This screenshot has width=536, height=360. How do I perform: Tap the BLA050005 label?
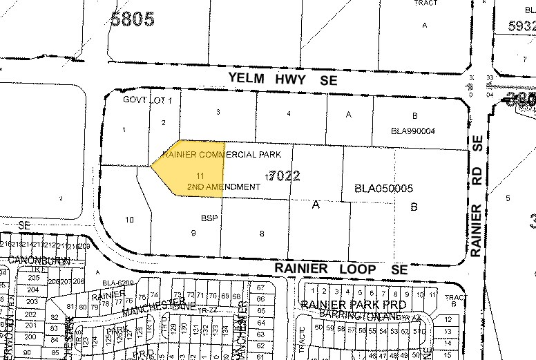pyautogui.click(x=383, y=188)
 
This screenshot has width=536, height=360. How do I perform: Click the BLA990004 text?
pyautogui.click(x=413, y=131)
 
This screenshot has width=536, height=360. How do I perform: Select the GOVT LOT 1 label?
pyautogui.click(x=147, y=100)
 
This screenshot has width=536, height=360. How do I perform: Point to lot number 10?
pyautogui.click(x=129, y=220)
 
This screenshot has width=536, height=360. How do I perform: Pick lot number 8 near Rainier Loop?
pyautogui.click(x=262, y=234)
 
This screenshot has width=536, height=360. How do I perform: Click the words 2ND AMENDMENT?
pyautogui.click(x=223, y=187)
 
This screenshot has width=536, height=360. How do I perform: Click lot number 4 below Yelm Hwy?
pyautogui.click(x=288, y=113)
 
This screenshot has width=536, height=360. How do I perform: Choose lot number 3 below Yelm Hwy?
pyautogui.click(x=218, y=111)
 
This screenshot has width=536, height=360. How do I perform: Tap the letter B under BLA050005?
pyautogui.click(x=414, y=206)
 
